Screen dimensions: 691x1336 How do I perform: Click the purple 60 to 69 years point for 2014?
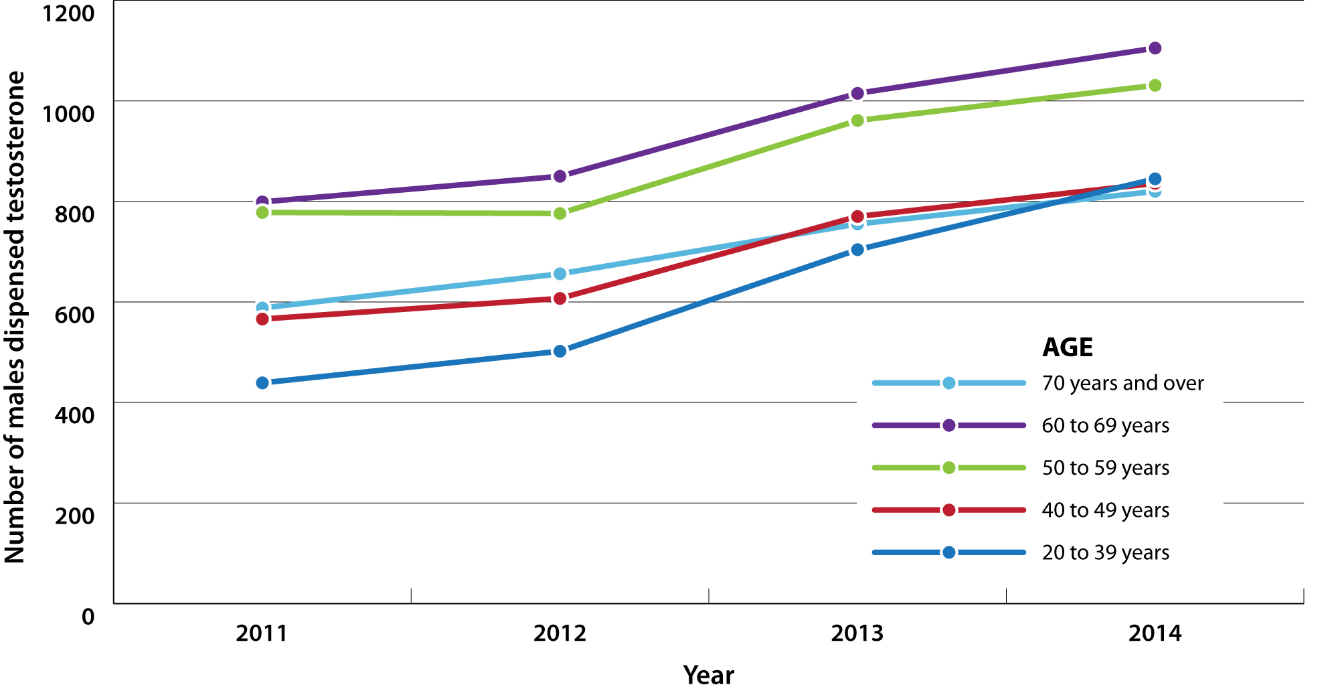click(1155, 48)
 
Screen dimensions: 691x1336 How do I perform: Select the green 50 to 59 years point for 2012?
click(560, 214)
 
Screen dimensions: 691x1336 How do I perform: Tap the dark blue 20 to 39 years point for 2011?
click(262, 383)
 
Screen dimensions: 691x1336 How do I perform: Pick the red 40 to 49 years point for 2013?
click(857, 217)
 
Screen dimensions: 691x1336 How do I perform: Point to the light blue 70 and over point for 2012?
click(560, 274)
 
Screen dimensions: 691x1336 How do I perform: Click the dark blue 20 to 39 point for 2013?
click(857, 250)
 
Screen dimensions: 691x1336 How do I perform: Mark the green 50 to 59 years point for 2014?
click(1155, 86)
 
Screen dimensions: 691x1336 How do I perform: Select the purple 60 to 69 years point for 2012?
click(560, 176)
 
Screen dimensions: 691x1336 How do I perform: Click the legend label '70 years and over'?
click(1122, 383)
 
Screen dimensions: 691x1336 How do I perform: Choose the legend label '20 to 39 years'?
click(1105, 552)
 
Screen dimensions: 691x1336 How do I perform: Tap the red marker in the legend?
click(948, 510)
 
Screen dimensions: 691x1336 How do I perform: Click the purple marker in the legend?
click(948, 425)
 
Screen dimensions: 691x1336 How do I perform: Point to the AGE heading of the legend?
click(1067, 347)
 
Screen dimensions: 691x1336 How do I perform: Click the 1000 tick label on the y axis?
click(68, 114)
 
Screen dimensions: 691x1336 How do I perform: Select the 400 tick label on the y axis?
click(74, 415)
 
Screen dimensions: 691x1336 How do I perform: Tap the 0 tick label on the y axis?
click(88, 617)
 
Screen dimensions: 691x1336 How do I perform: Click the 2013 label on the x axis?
click(857, 633)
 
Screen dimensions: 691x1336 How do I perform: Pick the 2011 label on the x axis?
click(262, 633)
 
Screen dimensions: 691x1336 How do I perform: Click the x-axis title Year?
click(708, 675)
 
